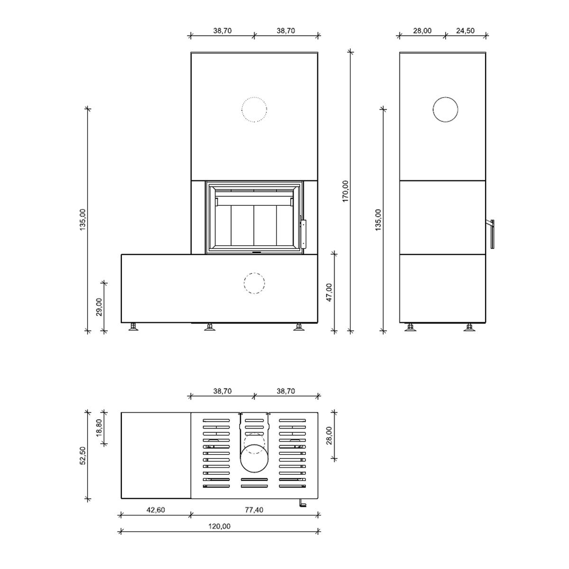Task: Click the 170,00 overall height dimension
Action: point(346,192)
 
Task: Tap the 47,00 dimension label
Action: point(329,293)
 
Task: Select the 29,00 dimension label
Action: point(99,307)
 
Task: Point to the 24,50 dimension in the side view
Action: point(465,31)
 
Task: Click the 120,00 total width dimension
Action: point(220,526)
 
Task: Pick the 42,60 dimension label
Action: point(156,510)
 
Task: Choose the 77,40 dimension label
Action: point(254,510)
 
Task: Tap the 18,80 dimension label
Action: point(99,428)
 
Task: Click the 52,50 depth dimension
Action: point(83,456)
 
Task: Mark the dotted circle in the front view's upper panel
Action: point(254,97)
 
